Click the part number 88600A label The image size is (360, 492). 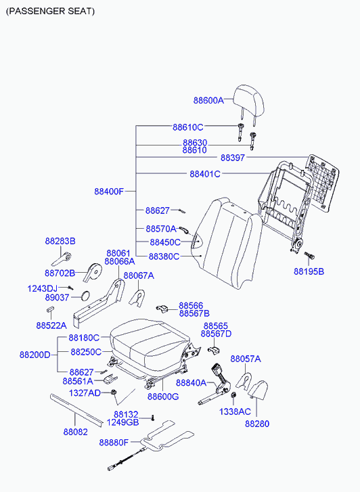point(208,100)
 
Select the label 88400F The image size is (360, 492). point(109,191)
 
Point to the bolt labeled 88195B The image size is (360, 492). point(309,255)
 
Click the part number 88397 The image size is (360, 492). point(232,158)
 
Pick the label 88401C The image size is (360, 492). point(205,174)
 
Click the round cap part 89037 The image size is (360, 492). point(85,296)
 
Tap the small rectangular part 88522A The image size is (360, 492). point(50,309)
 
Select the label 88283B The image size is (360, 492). point(60,242)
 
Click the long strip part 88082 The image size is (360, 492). point(76,411)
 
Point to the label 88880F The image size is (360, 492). point(114,443)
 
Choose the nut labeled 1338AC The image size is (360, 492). point(233,395)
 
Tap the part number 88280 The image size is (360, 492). point(257,424)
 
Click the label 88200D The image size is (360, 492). point(35,355)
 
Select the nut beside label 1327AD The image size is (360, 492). point(114,392)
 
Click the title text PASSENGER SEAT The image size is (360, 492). point(50,12)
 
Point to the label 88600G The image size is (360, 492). point(163,397)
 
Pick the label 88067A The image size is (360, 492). point(139,275)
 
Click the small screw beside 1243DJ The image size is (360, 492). point(70,288)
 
